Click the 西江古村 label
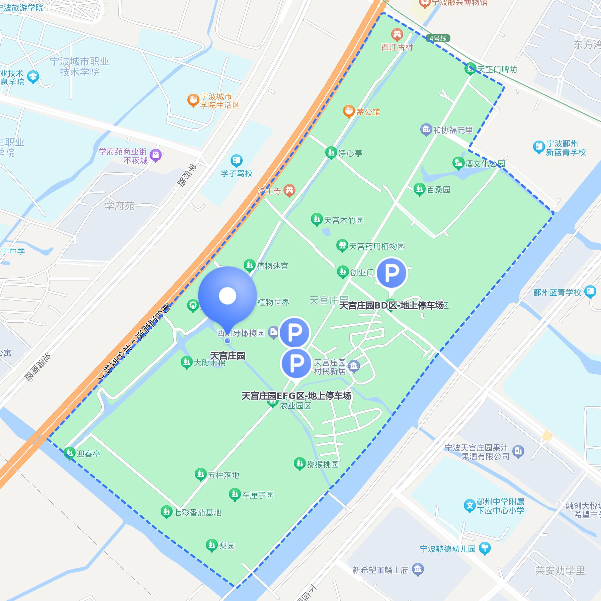click(x=397, y=48)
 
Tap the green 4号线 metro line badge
click(x=438, y=38)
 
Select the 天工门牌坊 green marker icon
click(x=470, y=69)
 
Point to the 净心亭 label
click(x=350, y=154)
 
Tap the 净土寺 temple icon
click(x=289, y=190)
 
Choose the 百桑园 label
click(x=439, y=190)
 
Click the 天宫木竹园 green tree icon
click(x=316, y=220)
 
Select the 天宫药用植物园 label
click(x=377, y=247)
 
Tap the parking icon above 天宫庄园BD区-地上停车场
click(x=391, y=273)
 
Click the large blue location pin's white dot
click(x=228, y=296)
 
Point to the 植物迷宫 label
click(x=272, y=266)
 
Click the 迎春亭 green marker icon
click(x=69, y=453)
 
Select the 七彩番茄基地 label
click(x=197, y=513)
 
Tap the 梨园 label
click(x=227, y=546)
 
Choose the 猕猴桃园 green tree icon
click(x=299, y=463)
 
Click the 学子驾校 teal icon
click(x=236, y=161)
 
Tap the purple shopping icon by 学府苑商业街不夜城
click(x=156, y=155)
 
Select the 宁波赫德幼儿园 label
click(x=448, y=549)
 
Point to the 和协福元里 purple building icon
click(x=426, y=130)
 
